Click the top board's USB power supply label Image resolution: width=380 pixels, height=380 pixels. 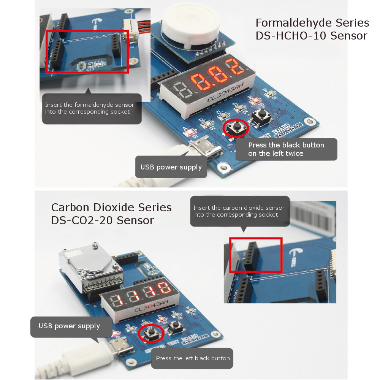pos(171,167)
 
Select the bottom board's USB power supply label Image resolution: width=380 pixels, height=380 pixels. pos(69,326)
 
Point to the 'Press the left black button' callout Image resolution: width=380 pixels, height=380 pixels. pos(192,358)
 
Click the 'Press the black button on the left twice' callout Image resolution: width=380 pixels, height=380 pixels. pos(286,149)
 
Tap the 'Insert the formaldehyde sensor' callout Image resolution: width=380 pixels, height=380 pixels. pos(91,108)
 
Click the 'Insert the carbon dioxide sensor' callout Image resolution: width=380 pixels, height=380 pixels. pos(239,211)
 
